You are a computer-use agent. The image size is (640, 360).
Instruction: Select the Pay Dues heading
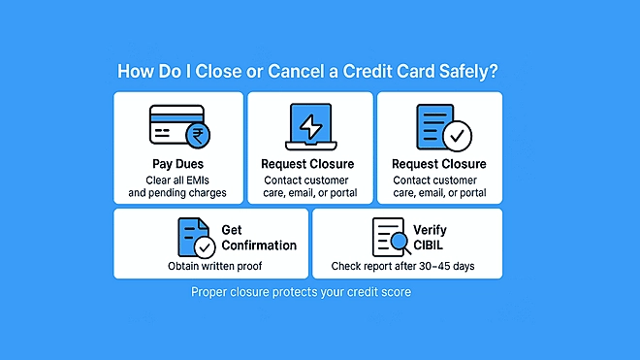click(177, 164)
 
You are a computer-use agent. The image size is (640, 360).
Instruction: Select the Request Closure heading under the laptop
click(307, 164)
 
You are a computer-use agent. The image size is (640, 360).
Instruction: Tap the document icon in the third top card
click(435, 126)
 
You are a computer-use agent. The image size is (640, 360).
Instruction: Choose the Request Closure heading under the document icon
click(439, 164)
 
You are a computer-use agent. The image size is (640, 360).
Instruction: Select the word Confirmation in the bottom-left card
click(259, 245)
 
